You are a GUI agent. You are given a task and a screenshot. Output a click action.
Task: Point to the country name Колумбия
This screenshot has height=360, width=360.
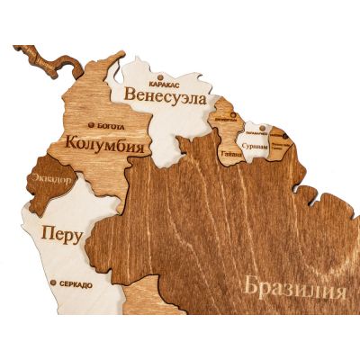[x=106, y=142]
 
